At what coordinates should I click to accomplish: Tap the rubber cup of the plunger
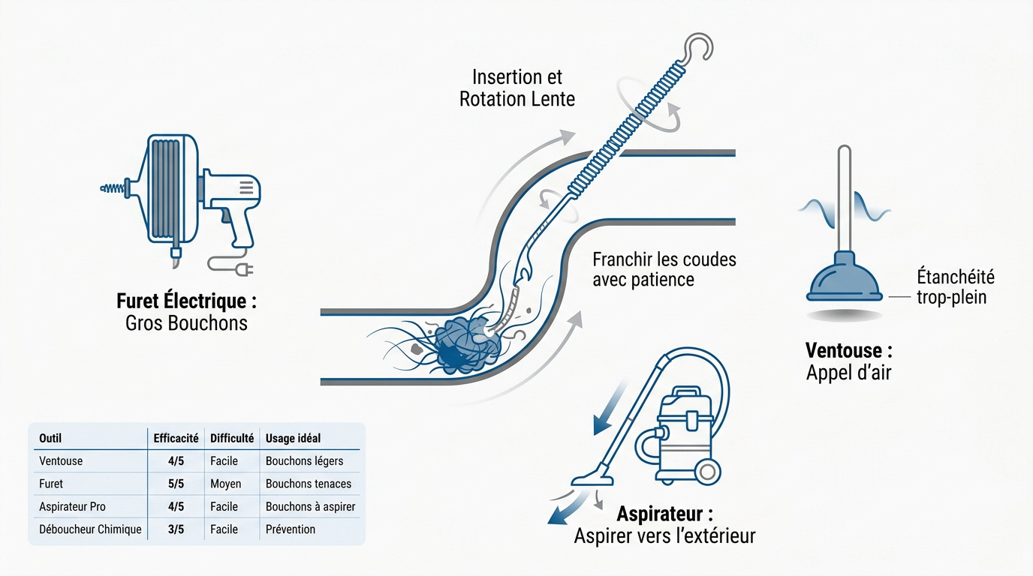click(845, 278)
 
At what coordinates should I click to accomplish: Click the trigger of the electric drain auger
click(227, 217)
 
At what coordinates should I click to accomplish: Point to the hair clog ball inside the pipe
click(467, 346)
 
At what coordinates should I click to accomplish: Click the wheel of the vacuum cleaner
click(707, 472)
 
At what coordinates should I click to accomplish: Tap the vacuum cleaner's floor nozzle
click(592, 478)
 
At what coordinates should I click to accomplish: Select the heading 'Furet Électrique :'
click(186, 301)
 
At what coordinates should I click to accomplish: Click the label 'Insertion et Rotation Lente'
click(517, 88)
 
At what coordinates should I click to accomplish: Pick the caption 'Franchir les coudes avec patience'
click(664, 269)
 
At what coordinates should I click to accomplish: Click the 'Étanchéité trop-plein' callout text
click(956, 286)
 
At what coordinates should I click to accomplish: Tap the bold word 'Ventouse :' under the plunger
click(848, 350)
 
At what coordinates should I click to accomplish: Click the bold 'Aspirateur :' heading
click(664, 513)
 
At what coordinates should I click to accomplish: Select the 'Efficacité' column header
click(176, 438)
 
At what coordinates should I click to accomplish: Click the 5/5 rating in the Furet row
click(176, 484)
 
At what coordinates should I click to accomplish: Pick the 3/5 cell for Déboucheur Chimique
click(176, 529)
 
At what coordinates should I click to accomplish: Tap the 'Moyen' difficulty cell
click(225, 484)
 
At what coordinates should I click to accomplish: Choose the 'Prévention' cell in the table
click(291, 529)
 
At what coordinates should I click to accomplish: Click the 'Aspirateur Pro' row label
click(72, 506)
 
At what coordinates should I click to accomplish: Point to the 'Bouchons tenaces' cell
click(309, 484)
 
